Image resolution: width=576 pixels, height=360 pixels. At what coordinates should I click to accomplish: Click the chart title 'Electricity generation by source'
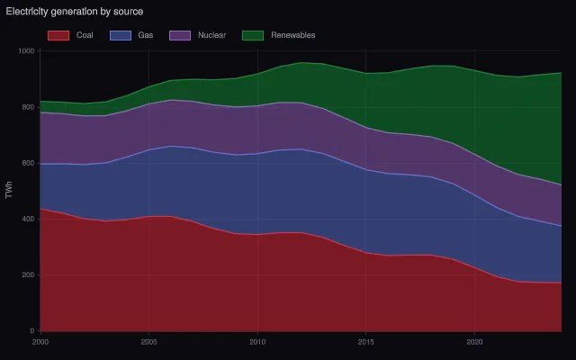coord(75,12)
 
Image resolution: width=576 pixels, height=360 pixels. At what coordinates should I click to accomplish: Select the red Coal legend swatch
coord(58,35)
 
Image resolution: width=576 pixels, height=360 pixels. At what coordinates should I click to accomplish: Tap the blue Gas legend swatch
coord(121,35)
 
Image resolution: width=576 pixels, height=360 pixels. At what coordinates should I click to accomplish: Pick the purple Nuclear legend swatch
coord(180,35)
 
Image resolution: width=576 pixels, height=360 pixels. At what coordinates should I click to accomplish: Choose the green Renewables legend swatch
coord(253,35)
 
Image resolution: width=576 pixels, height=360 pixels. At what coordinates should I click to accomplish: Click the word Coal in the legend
coord(85,35)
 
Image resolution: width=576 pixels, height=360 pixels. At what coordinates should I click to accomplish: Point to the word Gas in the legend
coord(146,35)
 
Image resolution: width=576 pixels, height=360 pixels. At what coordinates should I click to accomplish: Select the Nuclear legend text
coord(212,35)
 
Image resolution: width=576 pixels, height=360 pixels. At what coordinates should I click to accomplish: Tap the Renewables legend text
coord(293,35)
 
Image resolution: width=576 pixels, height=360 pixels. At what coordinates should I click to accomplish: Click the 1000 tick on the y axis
coord(26,51)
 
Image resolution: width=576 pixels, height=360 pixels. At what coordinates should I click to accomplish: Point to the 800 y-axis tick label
coord(28,107)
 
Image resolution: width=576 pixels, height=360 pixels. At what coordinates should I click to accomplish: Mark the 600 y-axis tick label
coord(28,163)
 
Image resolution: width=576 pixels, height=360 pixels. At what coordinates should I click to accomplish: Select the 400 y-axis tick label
coord(28,219)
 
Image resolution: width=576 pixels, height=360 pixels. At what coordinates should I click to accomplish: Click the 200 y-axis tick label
coord(28,274)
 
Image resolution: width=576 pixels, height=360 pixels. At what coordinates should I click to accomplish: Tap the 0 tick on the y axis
coord(32,331)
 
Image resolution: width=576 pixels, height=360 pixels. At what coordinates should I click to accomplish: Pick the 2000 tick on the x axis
coord(40,342)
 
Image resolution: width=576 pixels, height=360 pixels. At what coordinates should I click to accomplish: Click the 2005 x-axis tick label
coord(148,342)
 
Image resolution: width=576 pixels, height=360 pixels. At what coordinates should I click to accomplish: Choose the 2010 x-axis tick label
coord(257,342)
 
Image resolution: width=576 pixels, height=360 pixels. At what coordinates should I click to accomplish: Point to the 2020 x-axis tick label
coord(474,342)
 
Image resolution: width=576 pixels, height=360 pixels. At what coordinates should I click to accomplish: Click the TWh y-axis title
coord(9,190)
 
